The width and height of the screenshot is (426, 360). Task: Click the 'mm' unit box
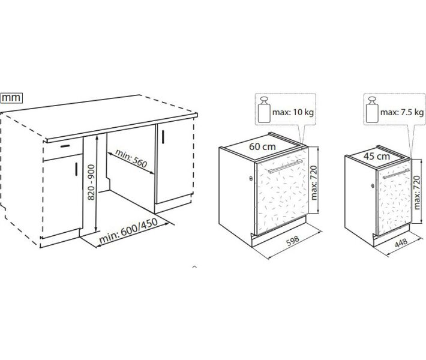pos(11,98)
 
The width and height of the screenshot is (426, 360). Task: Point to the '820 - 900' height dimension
pos(92,182)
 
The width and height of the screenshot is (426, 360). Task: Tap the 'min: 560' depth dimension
pos(131,158)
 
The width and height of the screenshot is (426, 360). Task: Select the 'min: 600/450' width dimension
pos(128,230)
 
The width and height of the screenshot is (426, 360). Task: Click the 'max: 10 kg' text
pos(293,112)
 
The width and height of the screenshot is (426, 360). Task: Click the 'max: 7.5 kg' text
pos(402,112)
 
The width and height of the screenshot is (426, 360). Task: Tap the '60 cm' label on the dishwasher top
pos(262,147)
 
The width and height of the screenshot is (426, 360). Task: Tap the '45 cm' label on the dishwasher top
pos(377,156)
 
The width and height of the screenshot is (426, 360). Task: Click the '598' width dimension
pos(293,241)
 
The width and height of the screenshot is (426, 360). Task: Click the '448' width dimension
pos(401,242)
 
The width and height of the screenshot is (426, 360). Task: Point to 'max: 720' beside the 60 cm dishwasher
pos(314,182)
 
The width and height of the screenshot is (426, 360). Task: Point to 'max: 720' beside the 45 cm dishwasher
pos(417,193)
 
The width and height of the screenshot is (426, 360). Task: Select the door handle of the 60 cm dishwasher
pos(285,166)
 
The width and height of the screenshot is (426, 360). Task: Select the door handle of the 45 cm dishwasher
pos(396,173)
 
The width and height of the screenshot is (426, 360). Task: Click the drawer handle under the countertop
pos(65,146)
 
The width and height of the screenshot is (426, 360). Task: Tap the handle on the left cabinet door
pos(76,169)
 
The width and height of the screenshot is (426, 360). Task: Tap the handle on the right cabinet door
pos(163,137)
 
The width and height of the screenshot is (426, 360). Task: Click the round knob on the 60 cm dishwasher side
pos(250,179)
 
